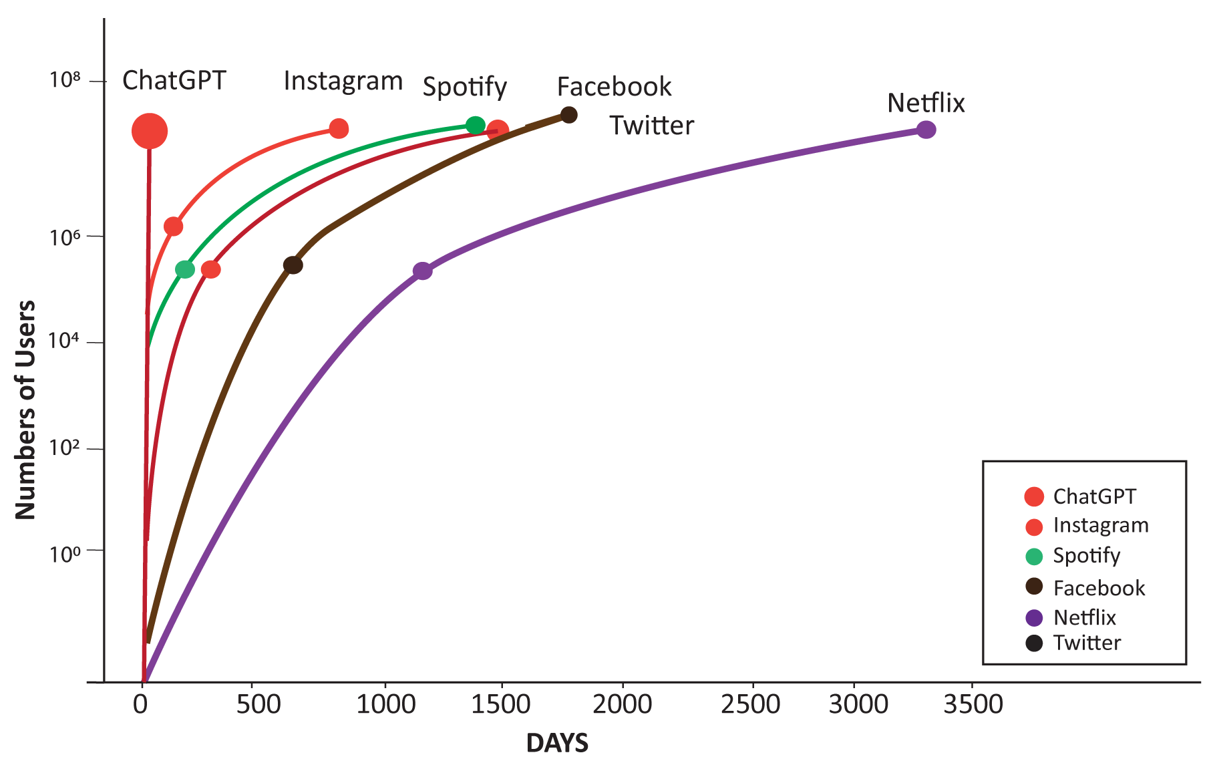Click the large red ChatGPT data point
[150, 131]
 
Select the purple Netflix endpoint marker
[926, 130]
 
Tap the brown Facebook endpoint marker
[568, 115]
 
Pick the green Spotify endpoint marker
[475, 125]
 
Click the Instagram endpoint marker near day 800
[339, 128]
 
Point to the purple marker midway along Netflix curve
[422, 271]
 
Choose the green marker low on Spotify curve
[185, 269]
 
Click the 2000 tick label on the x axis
[622, 704]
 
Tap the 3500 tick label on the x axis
[973, 704]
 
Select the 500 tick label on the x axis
[258, 704]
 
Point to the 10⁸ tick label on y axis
[65, 81]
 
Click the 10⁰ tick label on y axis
[65, 554]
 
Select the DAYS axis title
[558, 743]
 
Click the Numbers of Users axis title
[25, 410]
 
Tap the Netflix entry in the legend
[1084, 617]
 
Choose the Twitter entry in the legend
[1087, 643]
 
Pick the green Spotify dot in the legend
[1034, 557]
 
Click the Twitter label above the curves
[652, 126]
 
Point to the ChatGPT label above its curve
[174, 80]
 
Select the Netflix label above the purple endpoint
[926, 103]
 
